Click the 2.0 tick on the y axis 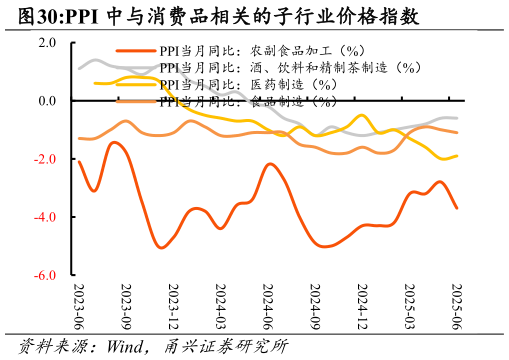[x=49, y=43]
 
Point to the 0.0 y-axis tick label [x=49, y=101]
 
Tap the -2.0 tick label [x=47, y=159]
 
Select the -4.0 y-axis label [x=47, y=217]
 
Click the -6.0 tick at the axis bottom [x=47, y=275]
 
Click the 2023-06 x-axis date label [x=79, y=305]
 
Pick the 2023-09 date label [x=126, y=305]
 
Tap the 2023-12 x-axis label [x=173, y=305]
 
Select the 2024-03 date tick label [x=220, y=305]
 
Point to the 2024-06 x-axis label [x=268, y=305]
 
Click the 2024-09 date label [x=315, y=305]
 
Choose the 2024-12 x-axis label [x=362, y=305]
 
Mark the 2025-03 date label [x=409, y=305]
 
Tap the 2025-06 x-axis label [x=457, y=305]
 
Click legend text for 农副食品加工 [x=264, y=50]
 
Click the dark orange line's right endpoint [x=457, y=208]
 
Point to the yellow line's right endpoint [x=457, y=156]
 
